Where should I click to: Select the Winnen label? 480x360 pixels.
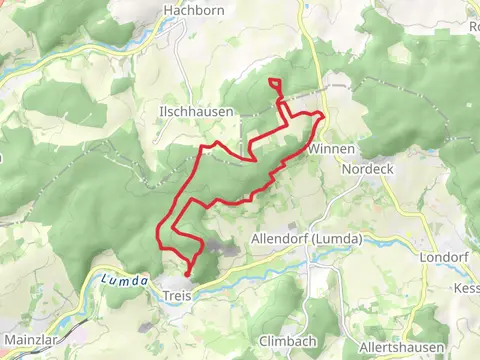(x=331, y=149)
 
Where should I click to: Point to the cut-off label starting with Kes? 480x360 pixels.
(x=467, y=288)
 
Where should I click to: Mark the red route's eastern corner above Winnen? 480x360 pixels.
(x=322, y=116)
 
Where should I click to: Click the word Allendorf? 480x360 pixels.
(x=279, y=239)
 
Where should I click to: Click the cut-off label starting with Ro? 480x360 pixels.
(x=473, y=27)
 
